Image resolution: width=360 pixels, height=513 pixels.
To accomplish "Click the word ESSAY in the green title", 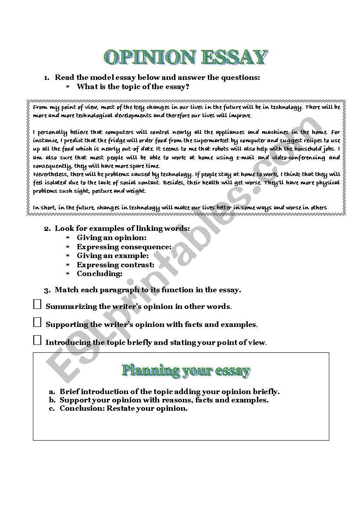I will pyautogui.click(x=234, y=57).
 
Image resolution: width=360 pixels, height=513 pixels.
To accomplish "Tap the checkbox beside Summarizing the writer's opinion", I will pyautogui.click(x=37, y=305).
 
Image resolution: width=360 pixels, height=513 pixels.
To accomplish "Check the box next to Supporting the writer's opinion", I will pyautogui.click(x=37, y=323).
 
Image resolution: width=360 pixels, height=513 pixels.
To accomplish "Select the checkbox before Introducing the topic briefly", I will pyautogui.click(x=37, y=340).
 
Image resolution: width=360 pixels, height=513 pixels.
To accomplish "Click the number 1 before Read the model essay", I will pyautogui.click(x=46, y=78).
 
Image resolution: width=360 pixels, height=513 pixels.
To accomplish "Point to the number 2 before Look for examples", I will pyautogui.click(x=46, y=229).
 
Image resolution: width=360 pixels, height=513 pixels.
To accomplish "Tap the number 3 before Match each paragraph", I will pyautogui.click(x=46, y=290).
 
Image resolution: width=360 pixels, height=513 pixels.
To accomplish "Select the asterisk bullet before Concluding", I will pyautogui.click(x=68, y=274).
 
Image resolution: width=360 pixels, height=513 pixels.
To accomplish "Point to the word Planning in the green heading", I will pyautogui.click(x=151, y=370).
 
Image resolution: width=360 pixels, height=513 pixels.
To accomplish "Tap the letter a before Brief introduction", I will pyautogui.click(x=51, y=391).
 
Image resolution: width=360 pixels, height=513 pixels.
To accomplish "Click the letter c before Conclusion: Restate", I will pyautogui.click(x=51, y=409).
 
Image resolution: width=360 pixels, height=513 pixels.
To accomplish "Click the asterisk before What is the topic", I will pyautogui.click(x=68, y=87).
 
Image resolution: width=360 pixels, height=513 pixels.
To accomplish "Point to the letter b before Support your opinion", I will pyautogui.click(x=52, y=400).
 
